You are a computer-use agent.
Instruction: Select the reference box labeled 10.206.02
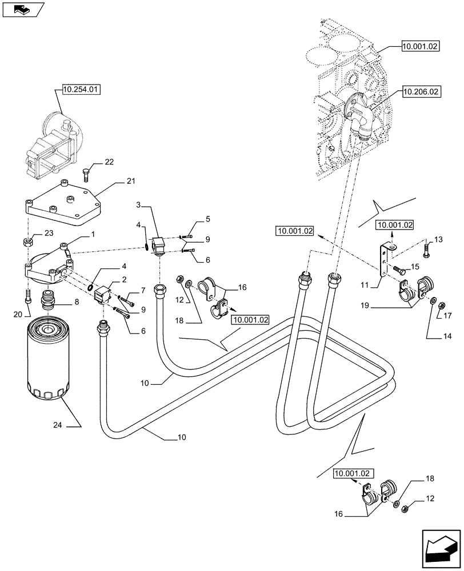pos(420,91)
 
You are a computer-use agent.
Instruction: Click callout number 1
pos(93,235)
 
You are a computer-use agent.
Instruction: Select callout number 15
pos(415,266)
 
